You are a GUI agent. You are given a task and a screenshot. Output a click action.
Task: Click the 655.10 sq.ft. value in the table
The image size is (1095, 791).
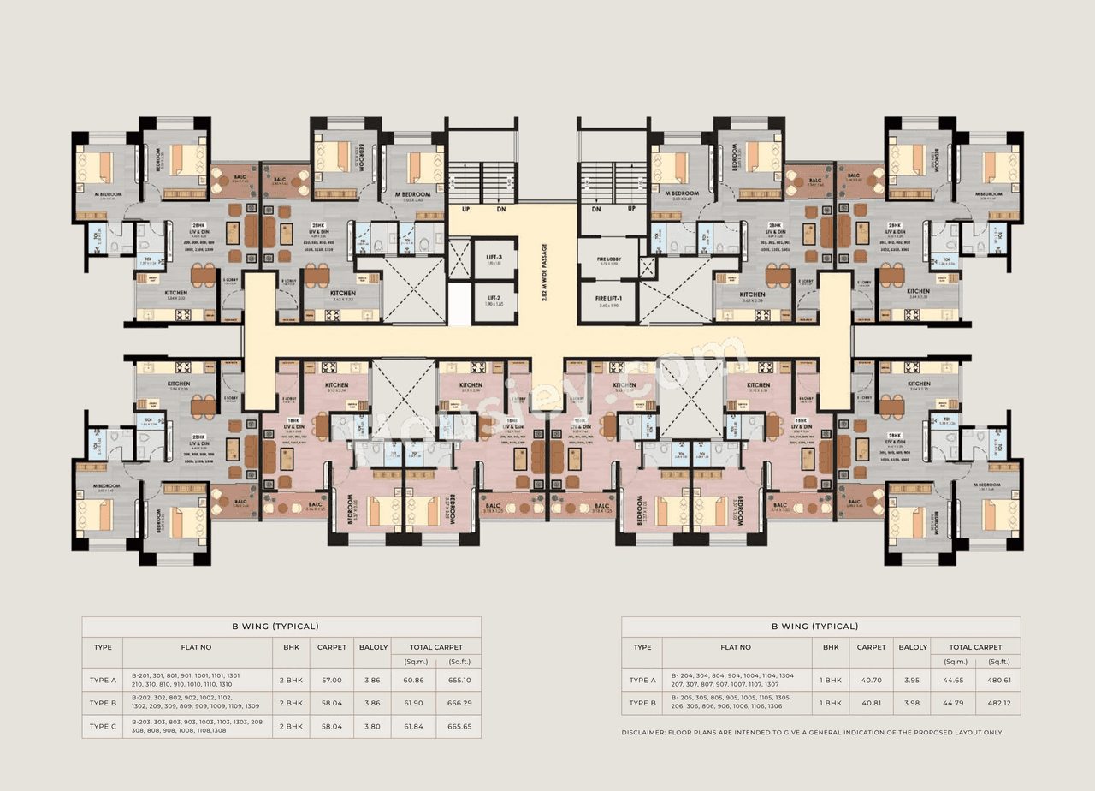point(459,680)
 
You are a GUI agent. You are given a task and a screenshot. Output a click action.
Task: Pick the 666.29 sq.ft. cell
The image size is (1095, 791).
point(459,703)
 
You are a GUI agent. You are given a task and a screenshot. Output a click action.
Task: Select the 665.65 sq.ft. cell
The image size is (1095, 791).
point(459,726)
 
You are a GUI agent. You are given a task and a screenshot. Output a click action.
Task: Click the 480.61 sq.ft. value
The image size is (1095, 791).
point(999,680)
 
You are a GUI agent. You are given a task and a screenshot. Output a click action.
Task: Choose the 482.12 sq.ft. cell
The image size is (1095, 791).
point(999,703)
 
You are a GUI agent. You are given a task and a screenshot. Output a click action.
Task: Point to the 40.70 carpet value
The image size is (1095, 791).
point(871,680)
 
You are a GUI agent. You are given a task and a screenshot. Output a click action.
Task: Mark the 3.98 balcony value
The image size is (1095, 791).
point(913,703)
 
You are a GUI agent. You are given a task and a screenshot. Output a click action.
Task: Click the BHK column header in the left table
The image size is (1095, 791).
point(290,647)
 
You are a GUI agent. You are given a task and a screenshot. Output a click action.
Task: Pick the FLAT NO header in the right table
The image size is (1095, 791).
point(736,647)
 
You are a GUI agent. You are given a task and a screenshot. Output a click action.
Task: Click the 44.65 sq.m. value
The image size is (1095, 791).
point(955,680)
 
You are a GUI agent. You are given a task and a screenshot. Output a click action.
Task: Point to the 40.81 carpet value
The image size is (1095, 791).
point(871,703)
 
